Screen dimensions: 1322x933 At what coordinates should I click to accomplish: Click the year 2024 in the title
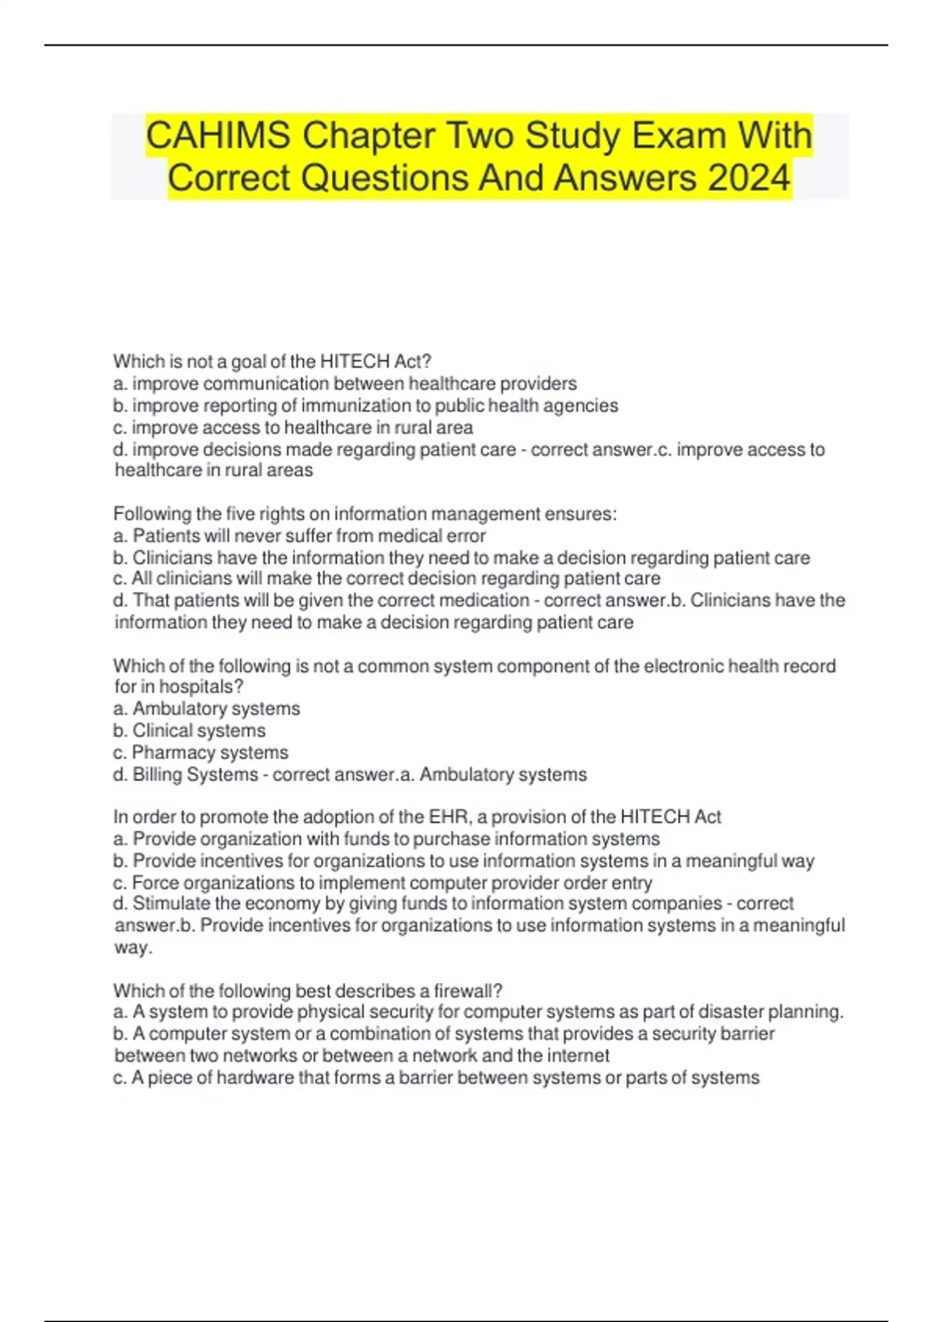point(749,178)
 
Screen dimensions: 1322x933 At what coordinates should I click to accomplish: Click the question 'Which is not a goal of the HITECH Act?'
point(272,362)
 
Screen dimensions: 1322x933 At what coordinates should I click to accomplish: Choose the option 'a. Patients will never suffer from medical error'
point(299,536)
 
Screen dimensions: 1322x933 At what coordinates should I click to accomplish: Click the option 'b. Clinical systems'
point(189,731)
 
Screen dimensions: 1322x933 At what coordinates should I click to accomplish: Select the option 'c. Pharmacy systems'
point(201,753)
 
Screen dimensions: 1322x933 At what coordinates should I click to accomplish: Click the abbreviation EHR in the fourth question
point(448,817)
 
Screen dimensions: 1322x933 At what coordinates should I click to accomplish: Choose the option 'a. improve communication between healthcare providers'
point(344,384)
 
